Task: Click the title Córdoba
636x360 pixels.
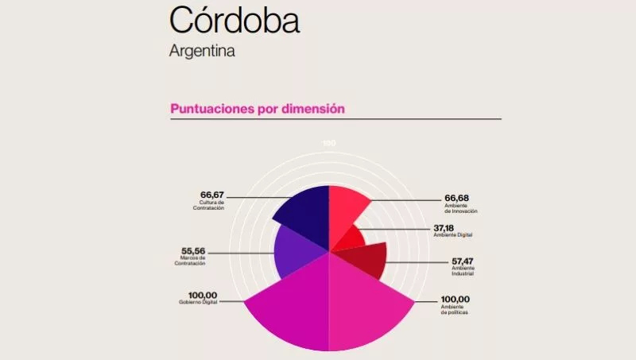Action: [x=235, y=21]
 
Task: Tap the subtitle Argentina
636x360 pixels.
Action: [x=202, y=51]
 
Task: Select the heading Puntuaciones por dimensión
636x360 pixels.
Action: [x=258, y=109]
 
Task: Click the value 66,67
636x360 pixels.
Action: [x=213, y=195]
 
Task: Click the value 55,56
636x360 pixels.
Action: [x=194, y=250]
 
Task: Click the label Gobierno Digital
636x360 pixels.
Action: [x=198, y=303]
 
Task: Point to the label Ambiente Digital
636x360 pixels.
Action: [x=453, y=235]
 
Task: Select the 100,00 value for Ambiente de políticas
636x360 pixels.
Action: [x=456, y=300]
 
